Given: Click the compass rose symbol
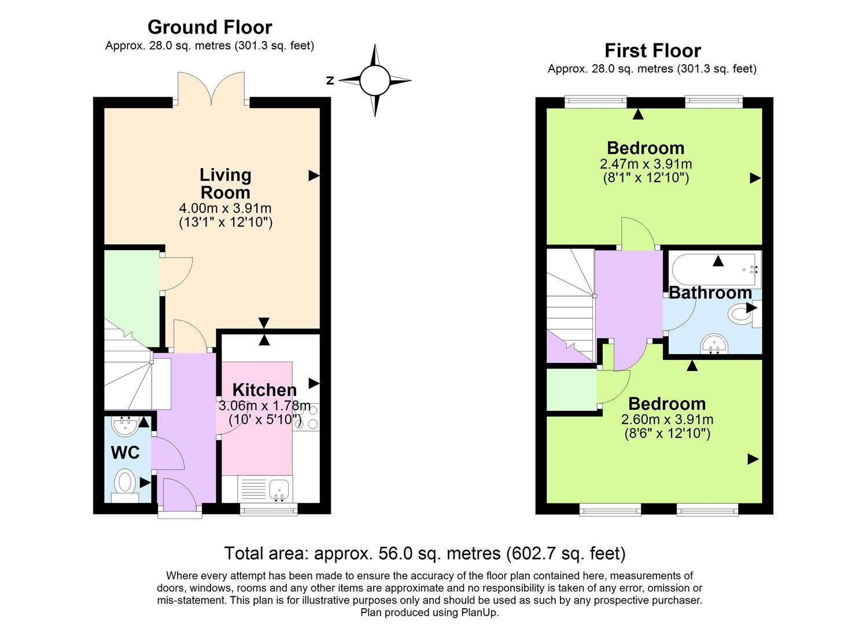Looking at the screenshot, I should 375,80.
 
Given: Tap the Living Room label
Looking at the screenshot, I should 225,183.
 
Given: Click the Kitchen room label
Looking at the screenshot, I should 264,390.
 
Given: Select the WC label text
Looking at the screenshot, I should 126,452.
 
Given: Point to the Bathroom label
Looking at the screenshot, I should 710,293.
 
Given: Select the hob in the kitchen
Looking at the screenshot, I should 306,417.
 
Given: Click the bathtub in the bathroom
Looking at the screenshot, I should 715,269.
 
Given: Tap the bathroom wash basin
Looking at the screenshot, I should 716,344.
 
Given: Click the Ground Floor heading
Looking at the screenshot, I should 209,27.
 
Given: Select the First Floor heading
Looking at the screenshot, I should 652,51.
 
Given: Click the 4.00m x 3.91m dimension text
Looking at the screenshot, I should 225,208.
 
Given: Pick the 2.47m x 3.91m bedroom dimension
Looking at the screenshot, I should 646,164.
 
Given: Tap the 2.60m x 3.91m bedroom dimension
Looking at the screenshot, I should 666,420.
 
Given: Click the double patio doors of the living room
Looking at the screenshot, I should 211,90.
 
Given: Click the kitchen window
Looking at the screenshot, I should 269,509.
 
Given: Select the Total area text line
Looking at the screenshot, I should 425,554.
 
